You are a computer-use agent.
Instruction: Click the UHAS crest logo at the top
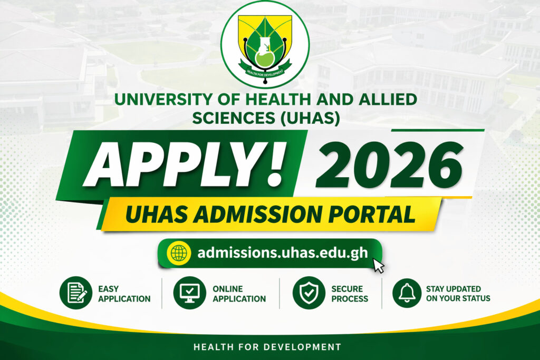pos(265,44)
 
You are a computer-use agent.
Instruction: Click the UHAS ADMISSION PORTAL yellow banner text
pos(270,215)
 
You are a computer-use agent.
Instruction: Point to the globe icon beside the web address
pos(179,253)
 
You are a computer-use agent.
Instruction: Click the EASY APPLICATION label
pos(124,294)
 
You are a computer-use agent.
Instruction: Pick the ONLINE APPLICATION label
pos(239,294)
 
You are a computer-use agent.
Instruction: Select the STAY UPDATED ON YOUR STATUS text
pos(458,294)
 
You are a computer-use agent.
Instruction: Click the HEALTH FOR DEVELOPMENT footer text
pos(267,347)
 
